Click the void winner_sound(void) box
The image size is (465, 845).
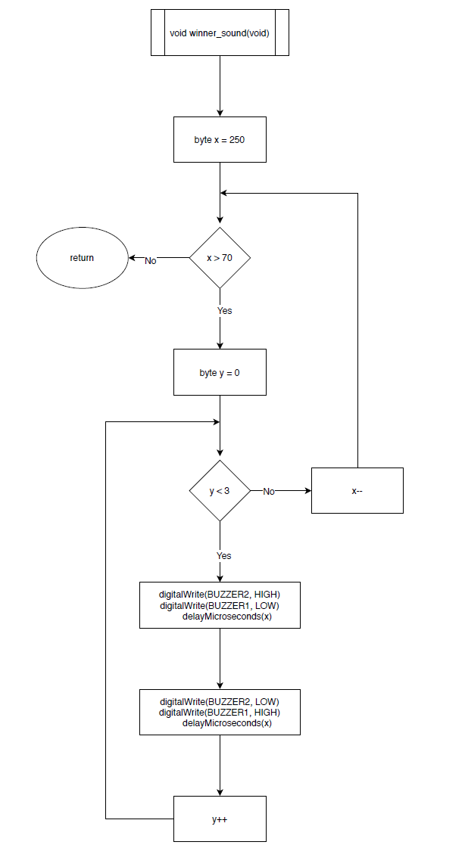(220, 33)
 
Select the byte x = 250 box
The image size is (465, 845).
(220, 140)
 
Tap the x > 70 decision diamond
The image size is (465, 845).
(220, 258)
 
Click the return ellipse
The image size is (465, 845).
(82, 258)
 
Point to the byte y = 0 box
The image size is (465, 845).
(220, 372)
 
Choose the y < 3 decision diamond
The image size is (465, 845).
(220, 491)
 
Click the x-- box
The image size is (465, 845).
(357, 491)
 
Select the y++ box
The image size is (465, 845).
(220, 819)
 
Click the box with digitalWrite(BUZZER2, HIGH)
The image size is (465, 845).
(220, 605)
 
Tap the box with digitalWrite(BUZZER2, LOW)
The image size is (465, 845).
(220, 712)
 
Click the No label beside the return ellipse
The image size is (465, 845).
(151, 260)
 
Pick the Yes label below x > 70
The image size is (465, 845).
(225, 311)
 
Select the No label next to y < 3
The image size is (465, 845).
(269, 492)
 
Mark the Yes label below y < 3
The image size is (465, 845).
(224, 555)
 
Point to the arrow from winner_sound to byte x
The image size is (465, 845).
(220, 86)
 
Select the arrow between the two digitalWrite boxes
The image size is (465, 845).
(220, 658)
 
